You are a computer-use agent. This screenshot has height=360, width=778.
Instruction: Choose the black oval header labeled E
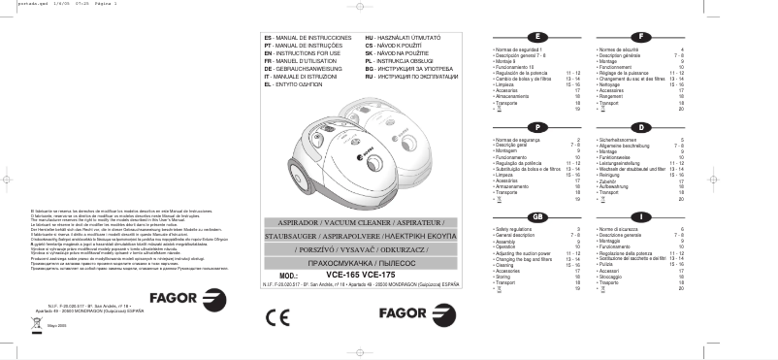coord(536,37)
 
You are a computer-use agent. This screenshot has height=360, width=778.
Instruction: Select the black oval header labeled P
coord(536,127)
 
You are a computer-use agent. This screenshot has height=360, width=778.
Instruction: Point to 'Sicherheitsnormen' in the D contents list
coord(617,141)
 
